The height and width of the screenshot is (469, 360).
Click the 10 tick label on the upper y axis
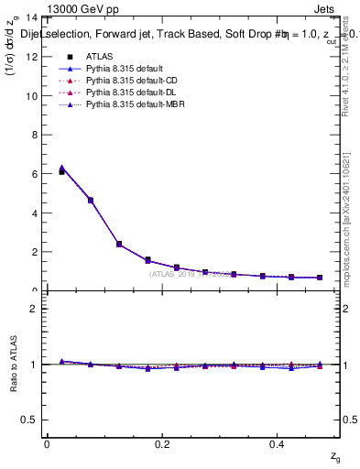[x=30, y=96]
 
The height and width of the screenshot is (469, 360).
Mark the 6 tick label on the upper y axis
[x=33, y=174]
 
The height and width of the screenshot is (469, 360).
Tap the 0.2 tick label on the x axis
[x=162, y=444]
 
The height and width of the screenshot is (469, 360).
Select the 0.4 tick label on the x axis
[x=278, y=444]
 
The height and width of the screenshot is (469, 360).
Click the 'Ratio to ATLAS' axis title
[x=12, y=365]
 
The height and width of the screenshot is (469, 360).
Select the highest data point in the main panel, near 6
[x=61, y=171]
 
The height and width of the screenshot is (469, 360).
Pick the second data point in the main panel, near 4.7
[x=91, y=200]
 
